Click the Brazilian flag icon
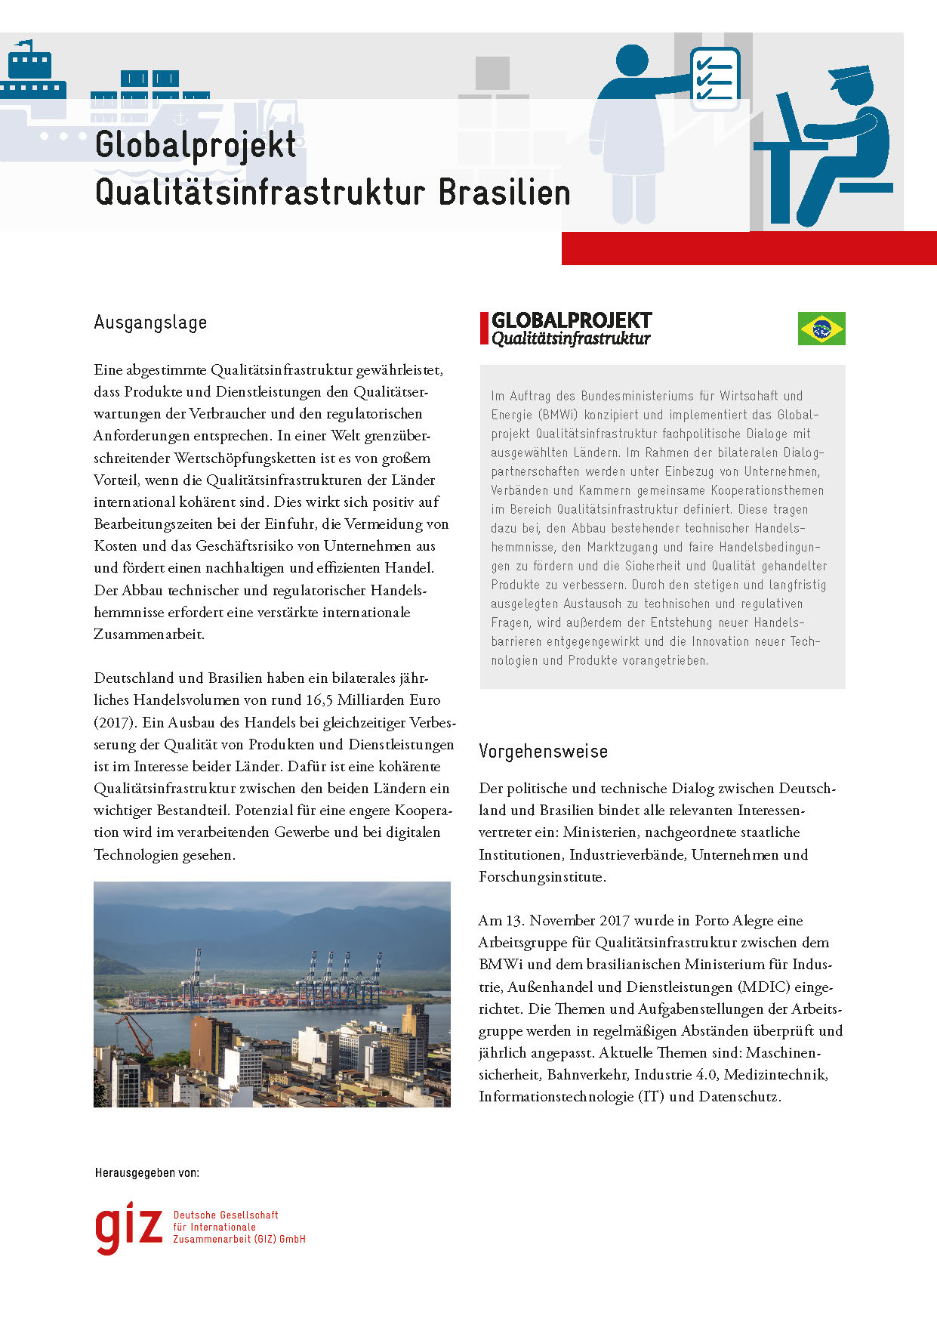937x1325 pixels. coord(821,329)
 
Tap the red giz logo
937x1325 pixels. coord(128,1227)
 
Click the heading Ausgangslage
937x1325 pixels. coord(150,323)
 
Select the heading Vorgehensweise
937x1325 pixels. coord(543,752)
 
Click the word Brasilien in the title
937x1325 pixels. coord(504,192)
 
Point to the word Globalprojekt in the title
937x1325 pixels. coord(196,145)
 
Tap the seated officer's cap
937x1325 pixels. coord(850,76)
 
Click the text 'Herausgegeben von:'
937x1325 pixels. coord(147,1173)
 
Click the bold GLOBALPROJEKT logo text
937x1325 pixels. coord(572,320)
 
